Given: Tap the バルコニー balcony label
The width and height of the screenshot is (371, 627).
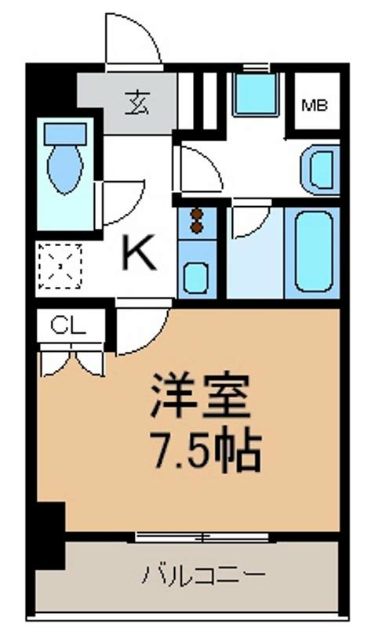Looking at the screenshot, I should [202, 576].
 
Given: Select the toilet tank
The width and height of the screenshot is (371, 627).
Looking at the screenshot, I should [64, 133].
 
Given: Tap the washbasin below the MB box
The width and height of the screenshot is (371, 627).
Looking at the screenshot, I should [320, 168].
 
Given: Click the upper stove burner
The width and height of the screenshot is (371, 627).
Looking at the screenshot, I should [196, 214].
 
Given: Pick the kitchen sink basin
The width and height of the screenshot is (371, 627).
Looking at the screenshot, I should [195, 277].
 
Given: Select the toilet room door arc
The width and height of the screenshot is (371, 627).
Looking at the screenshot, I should [122, 200].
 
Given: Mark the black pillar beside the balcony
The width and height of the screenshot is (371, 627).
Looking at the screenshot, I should [49, 533].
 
